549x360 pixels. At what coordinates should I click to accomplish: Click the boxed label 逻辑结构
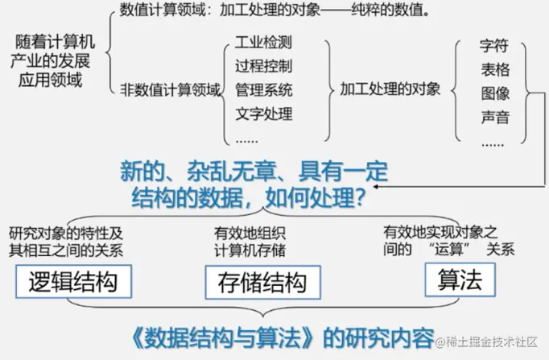[73, 282]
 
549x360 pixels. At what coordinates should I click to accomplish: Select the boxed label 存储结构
[262, 283]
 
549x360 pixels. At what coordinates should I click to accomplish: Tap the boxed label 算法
[460, 279]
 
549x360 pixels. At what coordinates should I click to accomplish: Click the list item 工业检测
[264, 41]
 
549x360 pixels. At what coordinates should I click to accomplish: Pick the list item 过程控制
[264, 64]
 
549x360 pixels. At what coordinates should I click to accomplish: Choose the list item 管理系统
[264, 89]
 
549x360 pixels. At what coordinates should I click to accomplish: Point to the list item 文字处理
[264, 113]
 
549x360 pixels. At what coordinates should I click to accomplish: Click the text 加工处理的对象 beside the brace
[390, 89]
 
